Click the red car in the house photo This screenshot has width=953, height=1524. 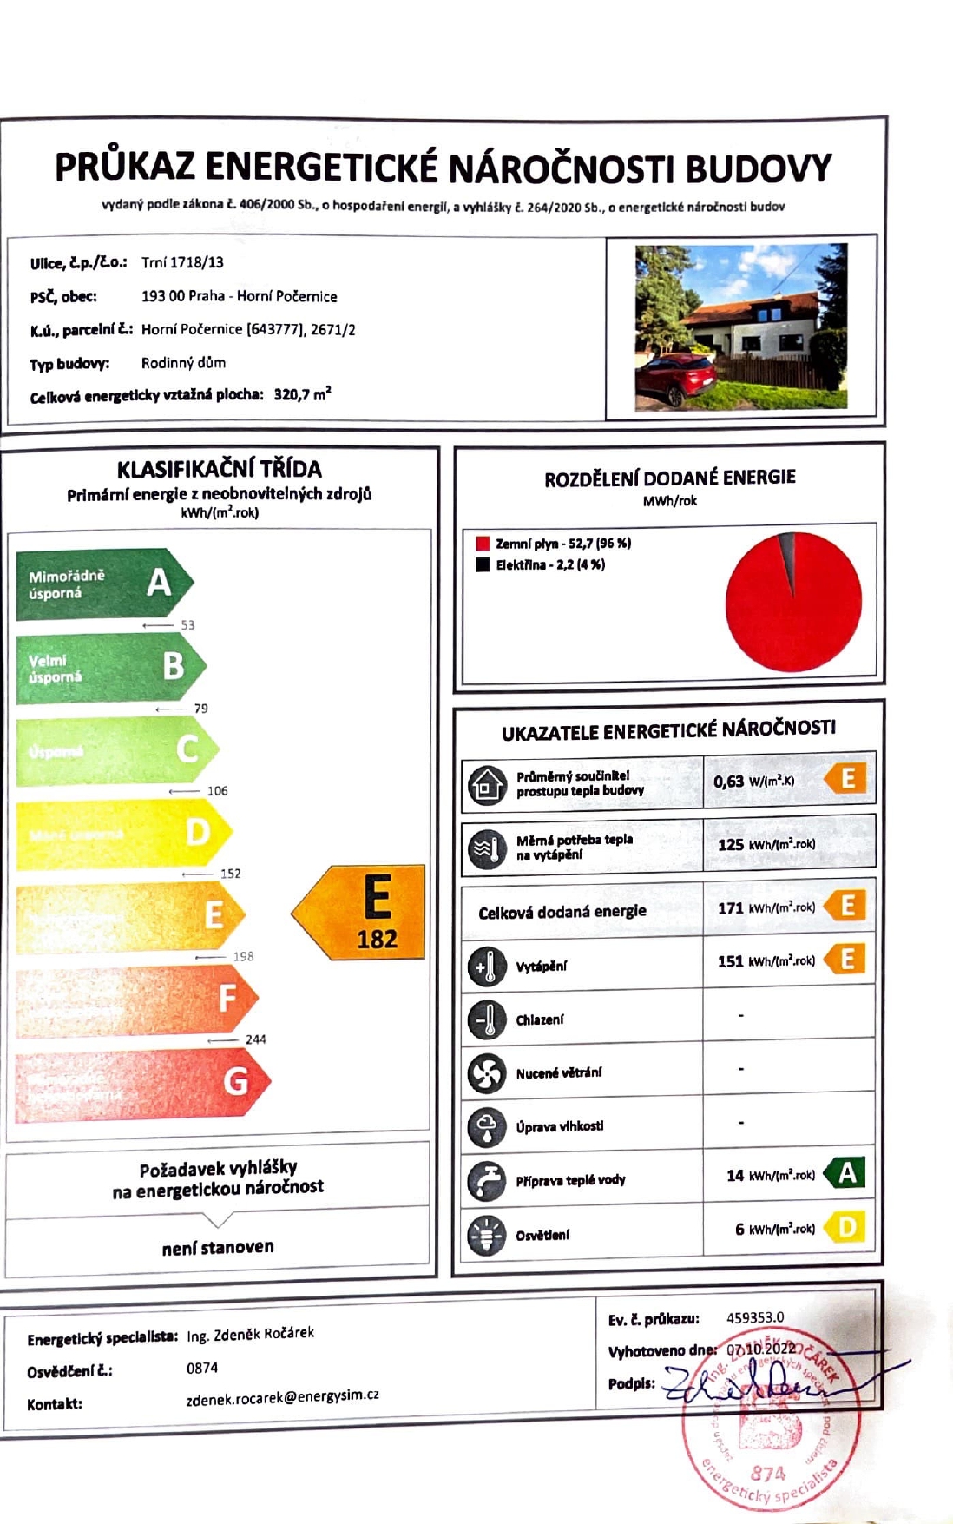[x=675, y=379]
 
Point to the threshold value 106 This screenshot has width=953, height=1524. [x=217, y=791]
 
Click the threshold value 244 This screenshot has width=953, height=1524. [x=255, y=1039]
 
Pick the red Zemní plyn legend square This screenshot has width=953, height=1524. [x=483, y=544]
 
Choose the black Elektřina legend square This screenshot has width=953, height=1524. [x=483, y=564]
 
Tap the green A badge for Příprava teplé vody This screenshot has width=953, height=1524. [x=845, y=1173]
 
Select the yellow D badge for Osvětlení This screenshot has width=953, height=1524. [x=845, y=1227]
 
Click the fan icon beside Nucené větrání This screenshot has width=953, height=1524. [x=486, y=1073]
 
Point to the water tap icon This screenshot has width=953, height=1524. [x=486, y=1180]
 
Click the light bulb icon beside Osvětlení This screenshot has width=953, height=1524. [x=486, y=1235]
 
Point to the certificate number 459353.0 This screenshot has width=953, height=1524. [x=754, y=1317]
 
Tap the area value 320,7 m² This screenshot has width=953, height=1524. [x=302, y=395]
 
